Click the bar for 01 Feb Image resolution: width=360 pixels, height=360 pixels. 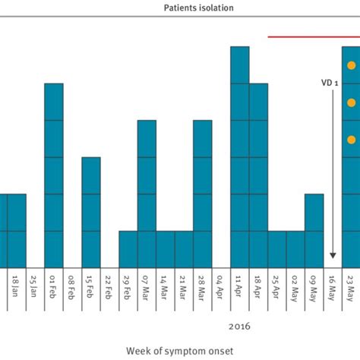coord(54,175)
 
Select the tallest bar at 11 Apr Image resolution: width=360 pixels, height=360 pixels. coord(240,156)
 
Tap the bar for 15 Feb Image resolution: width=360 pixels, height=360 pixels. coord(91,212)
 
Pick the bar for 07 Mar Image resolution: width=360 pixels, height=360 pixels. coord(147,193)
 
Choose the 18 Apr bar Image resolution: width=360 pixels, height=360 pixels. coord(258,175)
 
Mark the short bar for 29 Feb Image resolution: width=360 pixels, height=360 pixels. coord(128,248)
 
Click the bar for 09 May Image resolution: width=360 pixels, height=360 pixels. coord(314,230)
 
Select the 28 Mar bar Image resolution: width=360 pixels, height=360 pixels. coord(203,193)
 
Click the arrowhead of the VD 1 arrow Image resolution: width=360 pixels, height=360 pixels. coord(333,256)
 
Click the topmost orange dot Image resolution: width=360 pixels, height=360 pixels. coord(352,66)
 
